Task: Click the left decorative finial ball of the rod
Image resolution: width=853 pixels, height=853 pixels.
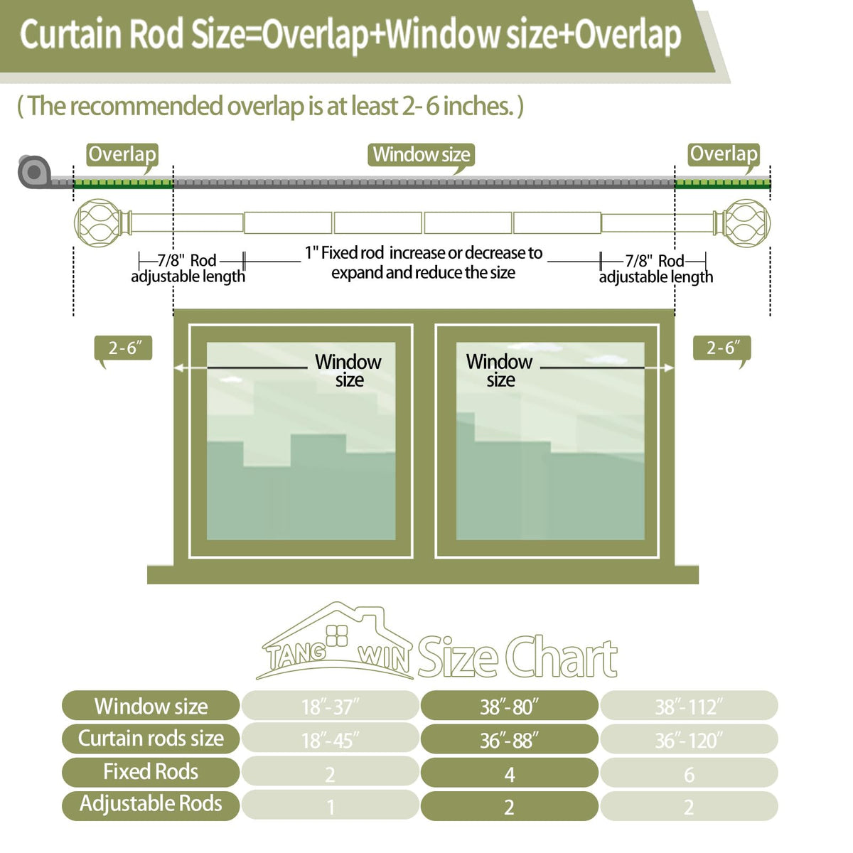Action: click(97, 222)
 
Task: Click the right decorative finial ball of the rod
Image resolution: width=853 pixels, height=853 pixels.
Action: click(747, 222)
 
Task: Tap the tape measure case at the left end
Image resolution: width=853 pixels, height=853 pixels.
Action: click(33, 172)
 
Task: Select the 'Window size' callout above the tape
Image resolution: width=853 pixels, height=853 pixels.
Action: click(421, 156)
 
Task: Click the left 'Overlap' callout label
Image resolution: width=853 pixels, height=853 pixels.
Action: click(122, 155)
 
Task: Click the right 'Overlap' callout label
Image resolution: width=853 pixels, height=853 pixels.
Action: click(724, 155)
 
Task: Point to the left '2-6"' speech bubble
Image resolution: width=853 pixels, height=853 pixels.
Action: click(124, 348)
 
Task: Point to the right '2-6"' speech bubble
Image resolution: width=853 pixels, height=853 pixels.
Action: click(722, 348)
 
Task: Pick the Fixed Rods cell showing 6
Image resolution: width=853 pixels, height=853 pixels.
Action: click(689, 773)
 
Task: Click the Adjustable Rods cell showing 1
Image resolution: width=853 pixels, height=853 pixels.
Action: click(331, 805)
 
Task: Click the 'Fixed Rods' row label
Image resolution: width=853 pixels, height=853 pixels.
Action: click(151, 773)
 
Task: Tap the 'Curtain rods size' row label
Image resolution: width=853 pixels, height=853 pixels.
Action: click(151, 739)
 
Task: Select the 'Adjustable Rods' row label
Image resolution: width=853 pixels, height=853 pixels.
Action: click(151, 805)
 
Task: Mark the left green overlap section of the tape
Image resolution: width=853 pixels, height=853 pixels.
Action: click(124, 183)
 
